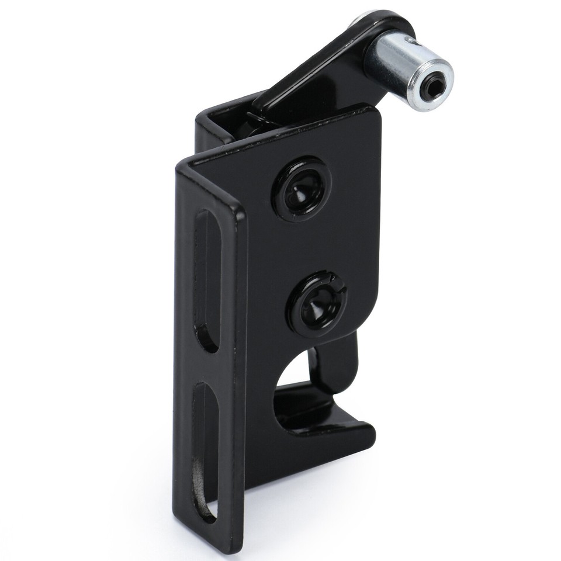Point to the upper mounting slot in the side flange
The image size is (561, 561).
207,280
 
